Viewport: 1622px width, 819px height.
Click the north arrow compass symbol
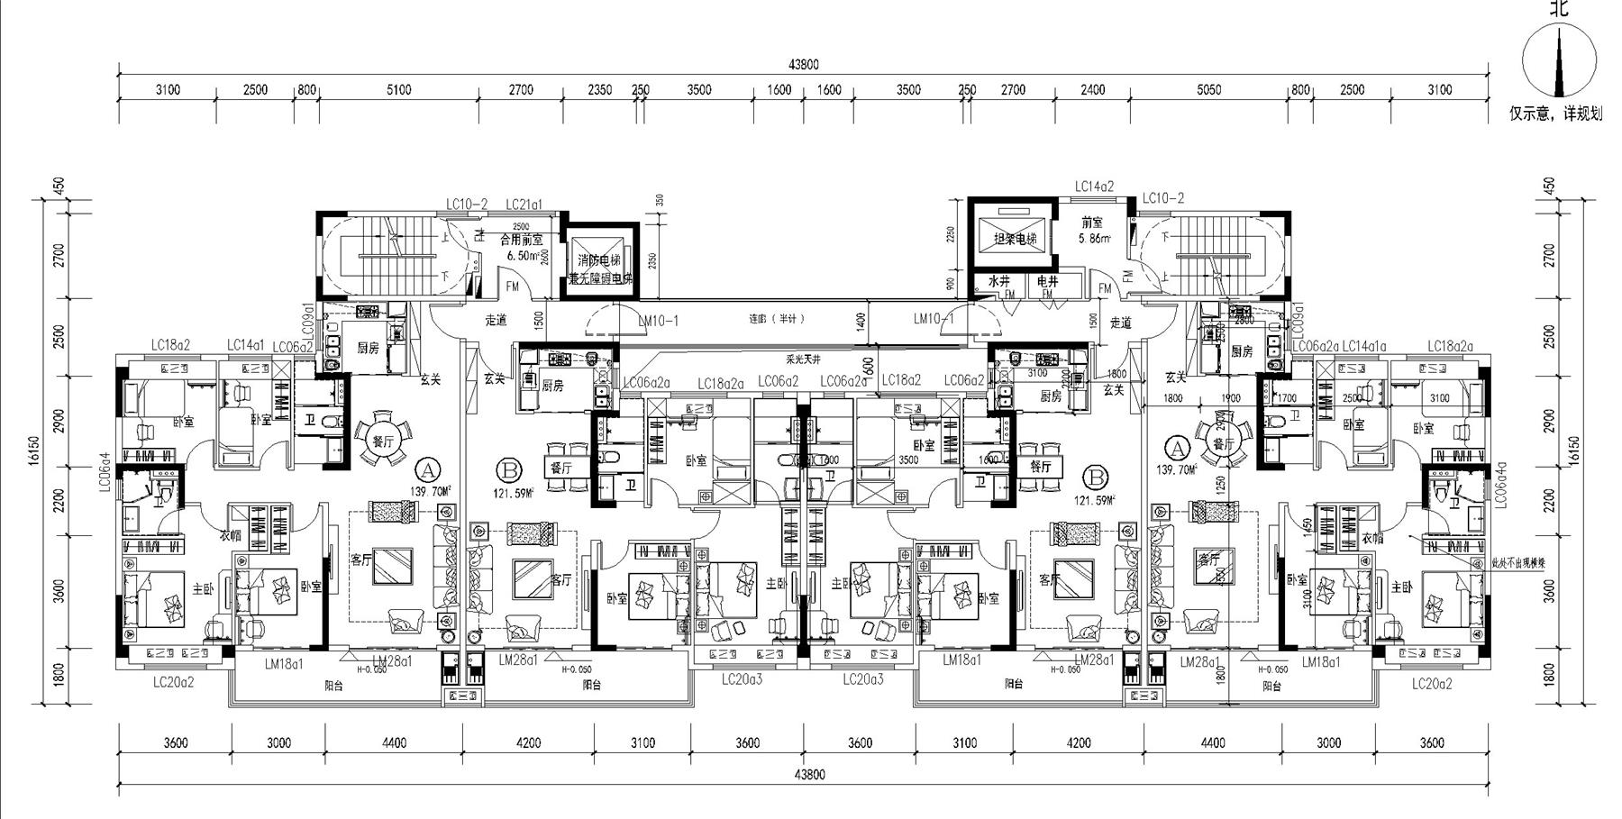[1558, 62]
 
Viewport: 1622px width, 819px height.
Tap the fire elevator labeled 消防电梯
[599, 260]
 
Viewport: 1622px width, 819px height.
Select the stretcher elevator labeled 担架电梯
[1015, 240]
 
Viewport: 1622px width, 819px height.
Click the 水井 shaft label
[998, 282]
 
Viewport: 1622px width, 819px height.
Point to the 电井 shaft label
[1047, 282]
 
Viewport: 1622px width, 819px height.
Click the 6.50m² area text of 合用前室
[522, 256]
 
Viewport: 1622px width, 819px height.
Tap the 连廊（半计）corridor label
[777, 319]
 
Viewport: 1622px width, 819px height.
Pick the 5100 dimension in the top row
[398, 90]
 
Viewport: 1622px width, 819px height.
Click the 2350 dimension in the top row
[600, 90]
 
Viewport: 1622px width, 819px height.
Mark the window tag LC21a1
[524, 205]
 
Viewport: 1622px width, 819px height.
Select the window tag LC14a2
[1094, 187]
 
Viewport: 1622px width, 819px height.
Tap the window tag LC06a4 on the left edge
[104, 472]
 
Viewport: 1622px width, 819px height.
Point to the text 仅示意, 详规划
[1556, 114]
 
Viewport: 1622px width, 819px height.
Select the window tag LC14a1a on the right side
[1364, 347]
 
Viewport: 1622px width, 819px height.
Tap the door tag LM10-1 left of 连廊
[658, 320]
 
